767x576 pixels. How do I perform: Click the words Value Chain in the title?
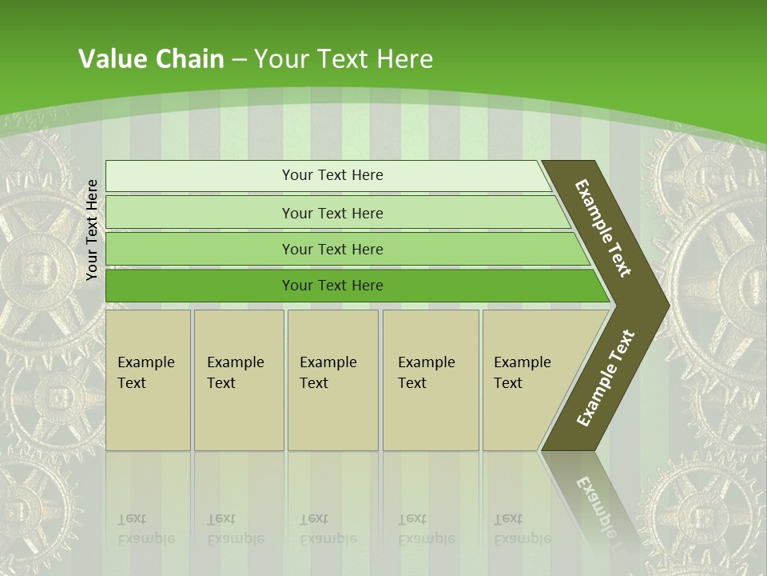151,59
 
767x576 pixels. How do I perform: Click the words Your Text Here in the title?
344,59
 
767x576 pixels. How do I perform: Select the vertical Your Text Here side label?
92,230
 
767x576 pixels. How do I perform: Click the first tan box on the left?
148,416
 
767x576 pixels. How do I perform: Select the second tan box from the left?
239,416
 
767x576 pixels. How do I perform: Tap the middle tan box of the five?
332,416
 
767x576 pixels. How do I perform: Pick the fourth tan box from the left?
431,416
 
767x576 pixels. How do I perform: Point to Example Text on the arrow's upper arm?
603,228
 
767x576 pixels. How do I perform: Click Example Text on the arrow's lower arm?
606,378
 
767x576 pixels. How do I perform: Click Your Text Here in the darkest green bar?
332,286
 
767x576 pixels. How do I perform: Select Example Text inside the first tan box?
145,373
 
